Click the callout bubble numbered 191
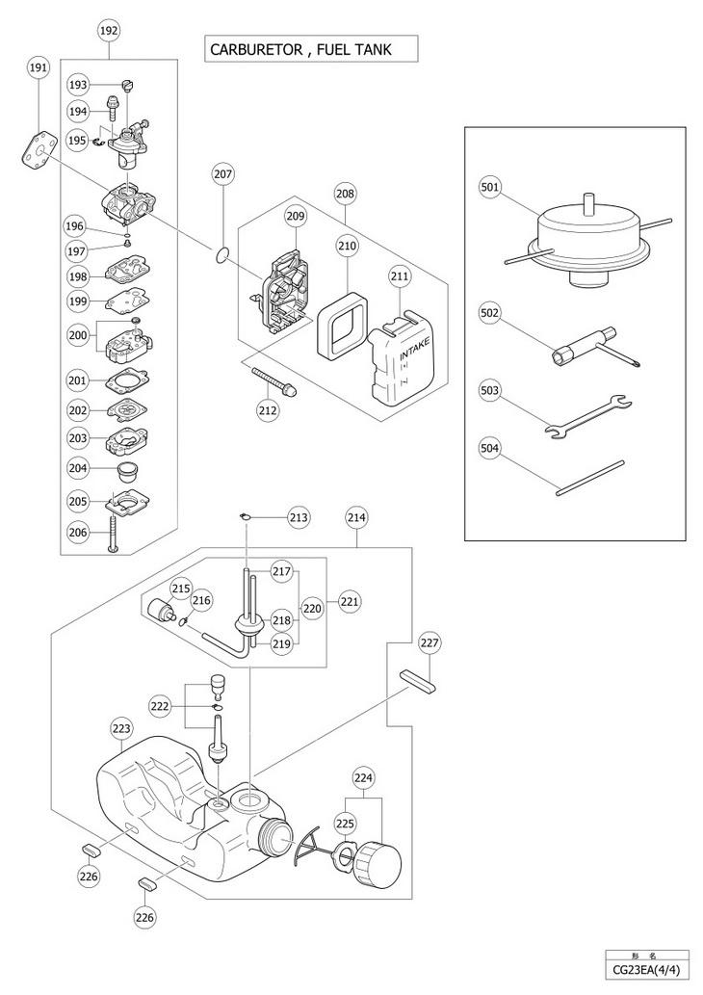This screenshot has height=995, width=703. (x=39, y=69)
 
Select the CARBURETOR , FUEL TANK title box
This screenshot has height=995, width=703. (x=311, y=49)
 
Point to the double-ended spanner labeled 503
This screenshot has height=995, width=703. (x=588, y=417)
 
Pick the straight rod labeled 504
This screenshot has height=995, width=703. (x=590, y=478)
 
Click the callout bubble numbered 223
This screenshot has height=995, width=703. (x=121, y=728)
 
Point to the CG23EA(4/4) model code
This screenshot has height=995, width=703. (x=647, y=970)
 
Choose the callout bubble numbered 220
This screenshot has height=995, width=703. (x=312, y=608)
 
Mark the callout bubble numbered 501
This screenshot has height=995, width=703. (x=490, y=187)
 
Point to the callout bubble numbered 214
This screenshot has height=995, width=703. (x=356, y=517)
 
